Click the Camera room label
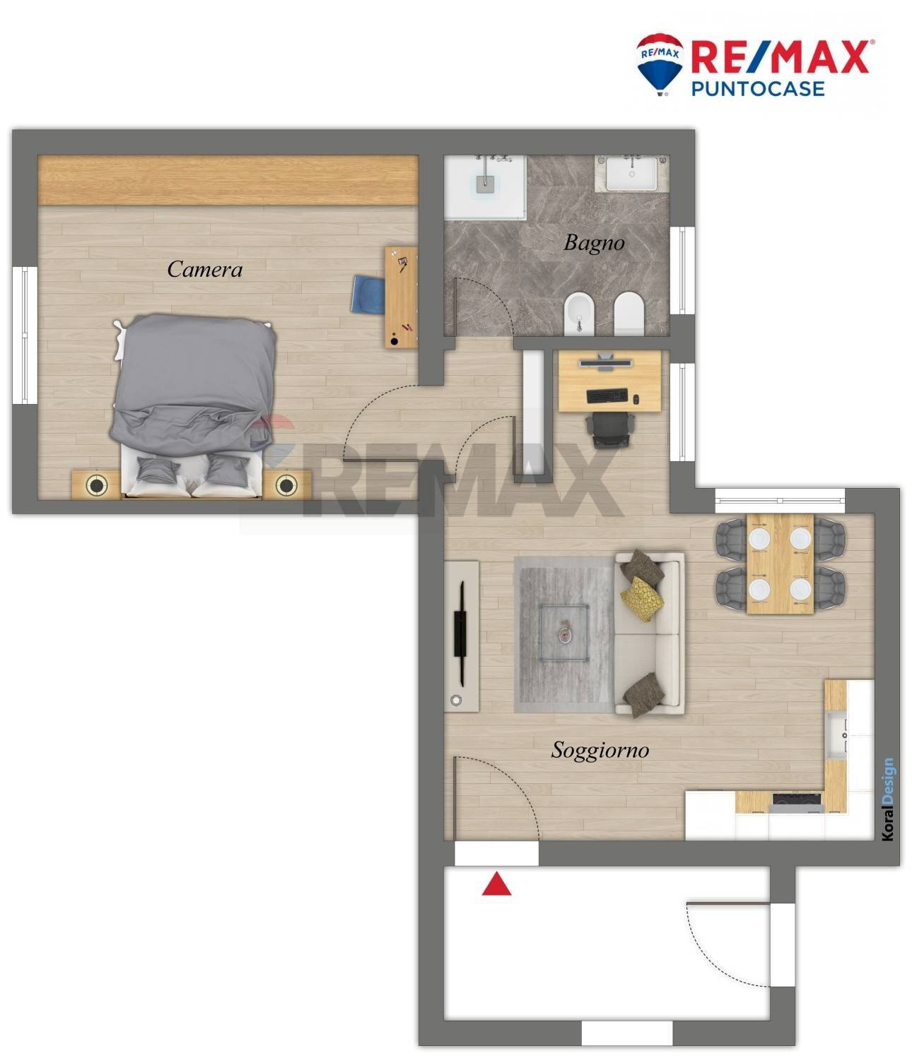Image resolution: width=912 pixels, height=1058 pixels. click(204, 269)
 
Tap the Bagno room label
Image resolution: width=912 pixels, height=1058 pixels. click(594, 243)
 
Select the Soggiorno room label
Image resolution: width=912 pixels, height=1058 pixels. click(600, 751)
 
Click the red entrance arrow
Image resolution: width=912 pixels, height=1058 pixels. click(496, 884)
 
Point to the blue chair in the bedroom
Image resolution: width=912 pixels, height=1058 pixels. click(368, 295)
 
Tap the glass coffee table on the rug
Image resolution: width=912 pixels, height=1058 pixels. click(564, 633)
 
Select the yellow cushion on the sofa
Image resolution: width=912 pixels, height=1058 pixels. click(643, 599)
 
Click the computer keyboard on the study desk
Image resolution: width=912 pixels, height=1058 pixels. click(607, 396)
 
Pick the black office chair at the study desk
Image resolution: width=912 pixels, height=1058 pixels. click(609, 429)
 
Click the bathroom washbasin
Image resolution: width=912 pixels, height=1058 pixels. click(632, 174)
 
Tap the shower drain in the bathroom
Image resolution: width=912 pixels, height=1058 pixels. click(485, 184)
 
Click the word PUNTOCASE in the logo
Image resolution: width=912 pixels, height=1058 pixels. click(758, 88)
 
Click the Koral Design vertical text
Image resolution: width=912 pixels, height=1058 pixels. click(888, 799)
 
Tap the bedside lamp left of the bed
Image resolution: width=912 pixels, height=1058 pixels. click(96, 485)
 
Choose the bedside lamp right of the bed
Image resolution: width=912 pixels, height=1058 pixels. click(286, 485)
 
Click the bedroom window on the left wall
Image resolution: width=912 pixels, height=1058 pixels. click(25, 335)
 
